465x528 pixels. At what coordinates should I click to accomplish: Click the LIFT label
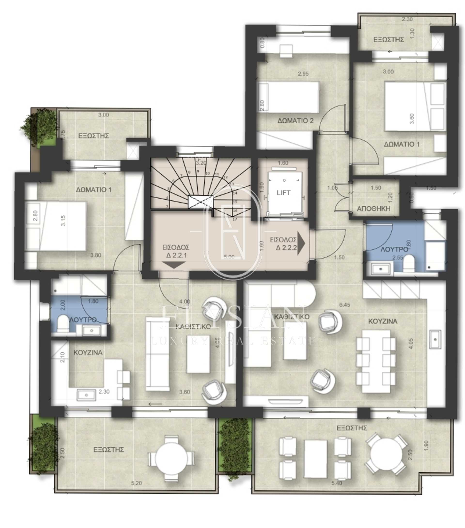pyautogui.click(x=283, y=193)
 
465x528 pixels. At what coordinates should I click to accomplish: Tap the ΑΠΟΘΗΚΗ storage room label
pyautogui.click(x=373, y=209)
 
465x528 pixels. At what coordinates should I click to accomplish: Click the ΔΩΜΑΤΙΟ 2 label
pyautogui.click(x=295, y=121)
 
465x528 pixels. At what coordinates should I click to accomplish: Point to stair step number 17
pyautogui.click(x=234, y=219)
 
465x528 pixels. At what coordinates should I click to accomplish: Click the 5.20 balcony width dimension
pyautogui.click(x=136, y=483)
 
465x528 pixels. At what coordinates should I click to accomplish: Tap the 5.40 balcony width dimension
pyautogui.click(x=337, y=483)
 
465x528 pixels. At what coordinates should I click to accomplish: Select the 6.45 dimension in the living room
pyautogui.click(x=345, y=305)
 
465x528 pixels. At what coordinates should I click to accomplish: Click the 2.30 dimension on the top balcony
pyautogui.click(x=407, y=19)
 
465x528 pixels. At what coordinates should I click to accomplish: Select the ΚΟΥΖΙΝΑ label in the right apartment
pyautogui.click(x=382, y=321)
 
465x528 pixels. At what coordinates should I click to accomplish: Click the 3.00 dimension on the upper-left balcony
pyautogui.click(x=103, y=115)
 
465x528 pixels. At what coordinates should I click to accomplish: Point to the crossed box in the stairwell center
pyautogui.click(x=201, y=202)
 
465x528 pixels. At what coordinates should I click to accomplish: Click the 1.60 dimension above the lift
pyautogui.click(x=283, y=163)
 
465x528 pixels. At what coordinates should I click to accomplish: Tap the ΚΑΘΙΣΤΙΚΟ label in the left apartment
pyautogui.click(x=193, y=327)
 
